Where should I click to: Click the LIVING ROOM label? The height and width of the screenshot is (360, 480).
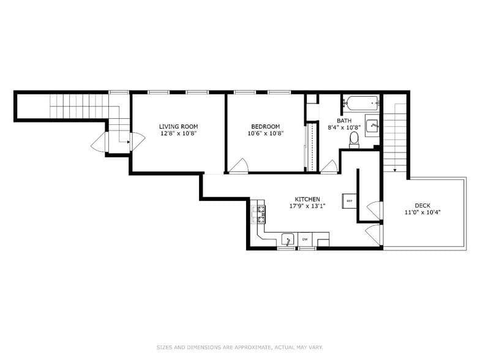(178, 126)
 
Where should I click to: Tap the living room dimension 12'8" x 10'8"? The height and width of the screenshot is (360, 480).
(178, 133)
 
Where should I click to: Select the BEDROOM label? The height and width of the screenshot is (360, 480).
(266, 126)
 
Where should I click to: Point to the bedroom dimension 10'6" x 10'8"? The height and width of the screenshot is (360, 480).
(266, 133)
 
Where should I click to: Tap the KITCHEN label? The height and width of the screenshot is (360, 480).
(307, 199)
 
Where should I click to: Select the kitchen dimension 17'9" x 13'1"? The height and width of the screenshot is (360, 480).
(307, 206)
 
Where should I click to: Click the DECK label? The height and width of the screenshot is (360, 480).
(422, 205)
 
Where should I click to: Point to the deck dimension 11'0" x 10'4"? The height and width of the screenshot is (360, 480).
(422, 212)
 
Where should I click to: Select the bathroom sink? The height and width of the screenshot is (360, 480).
(372, 126)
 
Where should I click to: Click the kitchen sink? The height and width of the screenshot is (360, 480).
(287, 239)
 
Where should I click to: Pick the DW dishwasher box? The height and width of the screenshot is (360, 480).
(304, 239)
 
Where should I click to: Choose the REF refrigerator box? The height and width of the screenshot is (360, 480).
(350, 201)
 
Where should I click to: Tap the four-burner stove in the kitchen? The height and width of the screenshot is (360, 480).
(261, 213)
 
